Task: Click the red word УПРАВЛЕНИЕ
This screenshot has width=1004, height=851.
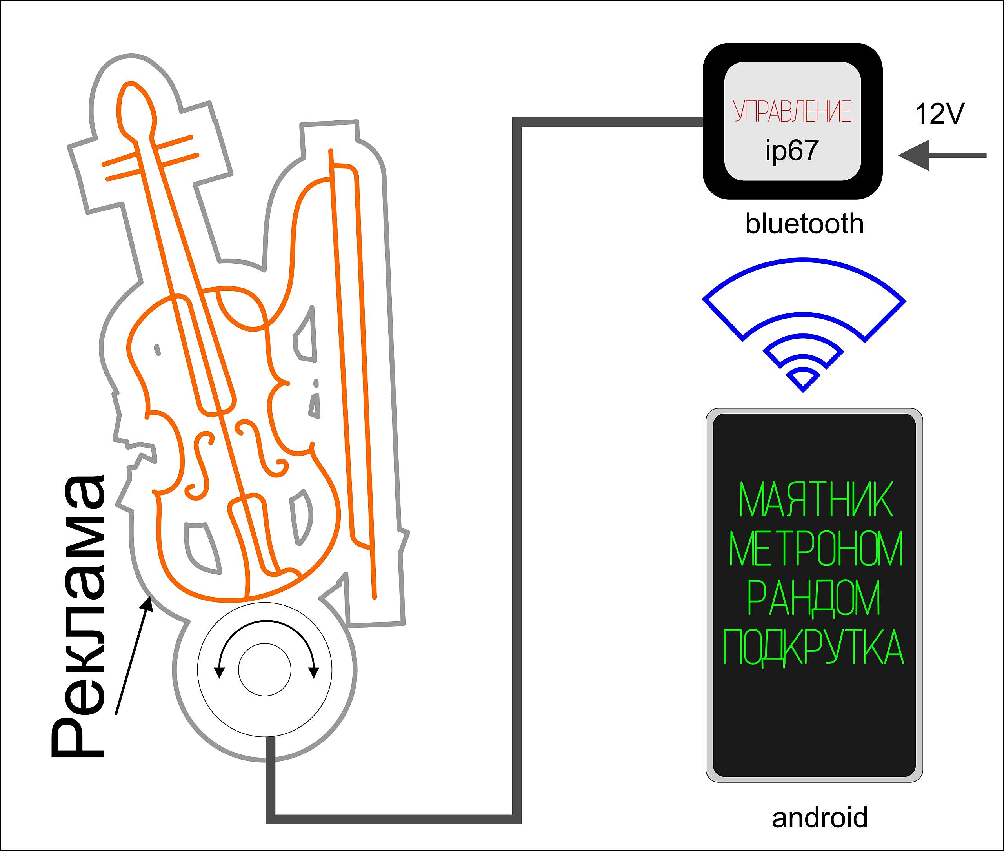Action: tap(792, 111)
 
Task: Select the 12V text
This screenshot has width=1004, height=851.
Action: tap(939, 114)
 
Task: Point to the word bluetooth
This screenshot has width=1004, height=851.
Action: tap(804, 224)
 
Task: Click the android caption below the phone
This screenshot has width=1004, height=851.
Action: tap(820, 817)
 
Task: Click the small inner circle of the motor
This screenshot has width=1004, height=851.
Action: tap(265, 670)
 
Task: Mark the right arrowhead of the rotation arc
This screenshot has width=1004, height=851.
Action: tap(315, 672)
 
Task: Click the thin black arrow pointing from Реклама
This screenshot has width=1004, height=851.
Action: tap(134, 655)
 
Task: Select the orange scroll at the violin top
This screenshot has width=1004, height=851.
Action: tap(136, 111)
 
